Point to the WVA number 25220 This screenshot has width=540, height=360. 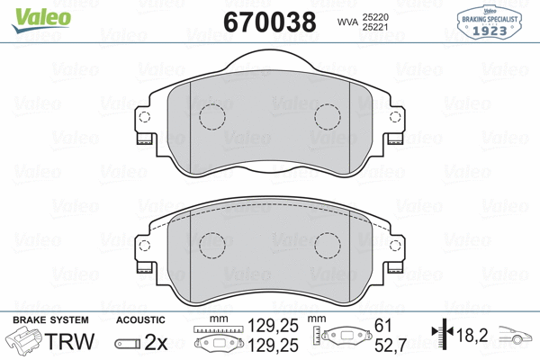click(376, 15)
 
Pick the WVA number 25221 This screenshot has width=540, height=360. click(376, 27)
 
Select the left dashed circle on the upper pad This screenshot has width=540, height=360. click(212, 117)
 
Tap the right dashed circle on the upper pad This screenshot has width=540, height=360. click(328, 117)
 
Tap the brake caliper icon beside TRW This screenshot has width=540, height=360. click(24, 342)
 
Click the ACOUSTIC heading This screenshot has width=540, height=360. click(141, 321)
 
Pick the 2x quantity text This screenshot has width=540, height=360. click(157, 343)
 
